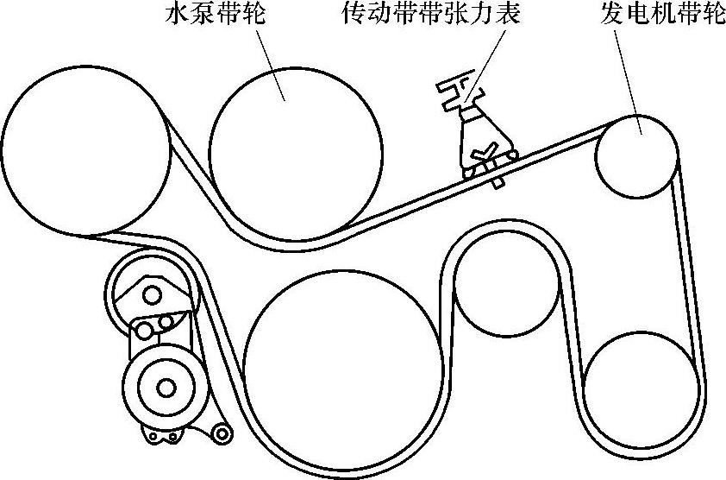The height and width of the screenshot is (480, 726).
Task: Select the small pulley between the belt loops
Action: coord(506,286)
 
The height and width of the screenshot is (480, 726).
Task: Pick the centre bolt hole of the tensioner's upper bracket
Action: coord(152,295)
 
